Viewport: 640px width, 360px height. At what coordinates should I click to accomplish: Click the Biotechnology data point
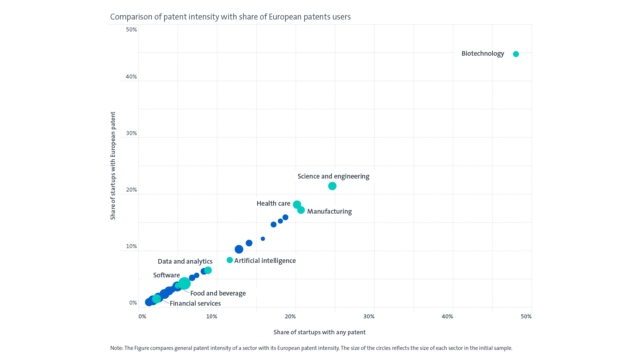click(516, 54)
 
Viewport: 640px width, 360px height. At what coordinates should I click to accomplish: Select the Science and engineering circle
click(332, 186)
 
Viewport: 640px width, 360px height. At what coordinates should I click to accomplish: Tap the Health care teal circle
click(297, 204)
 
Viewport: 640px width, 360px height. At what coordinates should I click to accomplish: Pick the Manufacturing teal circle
click(301, 210)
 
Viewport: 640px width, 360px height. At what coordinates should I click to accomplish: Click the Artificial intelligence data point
click(230, 260)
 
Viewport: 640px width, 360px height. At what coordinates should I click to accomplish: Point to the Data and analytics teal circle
click(208, 270)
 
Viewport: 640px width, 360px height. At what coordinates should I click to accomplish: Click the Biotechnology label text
click(482, 54)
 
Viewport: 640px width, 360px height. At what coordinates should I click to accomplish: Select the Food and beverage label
click(218, 293)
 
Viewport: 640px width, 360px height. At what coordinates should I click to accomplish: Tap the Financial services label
click(195, 303)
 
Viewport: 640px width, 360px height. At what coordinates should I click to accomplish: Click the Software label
click(166, 275)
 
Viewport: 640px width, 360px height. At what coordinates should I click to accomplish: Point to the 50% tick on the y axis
click(131, 30)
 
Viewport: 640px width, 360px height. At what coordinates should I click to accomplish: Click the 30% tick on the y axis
click(131, 133)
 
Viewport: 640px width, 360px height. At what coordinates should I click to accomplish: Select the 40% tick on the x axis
click(447, 316)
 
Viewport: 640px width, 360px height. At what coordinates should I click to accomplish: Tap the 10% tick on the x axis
click(212, 316)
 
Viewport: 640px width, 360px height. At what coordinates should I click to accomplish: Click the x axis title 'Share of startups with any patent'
click(319, 332)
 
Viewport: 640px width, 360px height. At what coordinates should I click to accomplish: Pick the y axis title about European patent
click(113, 166)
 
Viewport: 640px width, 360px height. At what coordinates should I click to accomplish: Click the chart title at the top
click(230, 17)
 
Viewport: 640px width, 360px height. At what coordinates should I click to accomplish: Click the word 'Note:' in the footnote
click(117, 348)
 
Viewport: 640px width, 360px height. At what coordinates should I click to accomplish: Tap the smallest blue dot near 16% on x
click(263, 239)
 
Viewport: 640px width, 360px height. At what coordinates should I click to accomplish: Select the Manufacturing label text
click(329, 211)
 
